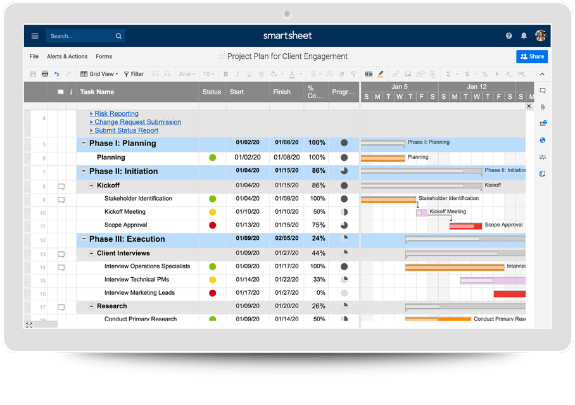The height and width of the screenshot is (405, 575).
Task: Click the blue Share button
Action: pos(532,56)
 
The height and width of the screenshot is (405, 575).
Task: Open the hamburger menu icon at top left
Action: pos(35,36)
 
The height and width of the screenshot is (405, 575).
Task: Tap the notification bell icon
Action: pos(524,36)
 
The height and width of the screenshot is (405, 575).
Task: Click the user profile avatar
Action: pos(540,36)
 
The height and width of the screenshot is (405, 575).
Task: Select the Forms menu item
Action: pos(104,56)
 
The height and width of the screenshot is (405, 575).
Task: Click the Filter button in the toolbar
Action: pos(134,74)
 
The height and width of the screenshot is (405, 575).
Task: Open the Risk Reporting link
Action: pos(117,114)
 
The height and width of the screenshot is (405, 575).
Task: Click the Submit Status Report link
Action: pos(126,130)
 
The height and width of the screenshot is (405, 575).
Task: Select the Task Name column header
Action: pos(97,92)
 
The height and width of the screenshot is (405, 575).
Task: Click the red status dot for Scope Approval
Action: pos(213,225)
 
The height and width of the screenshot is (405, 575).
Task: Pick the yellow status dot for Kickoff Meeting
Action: pos(213,212)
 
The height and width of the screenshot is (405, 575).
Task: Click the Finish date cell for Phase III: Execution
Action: pos(287,239)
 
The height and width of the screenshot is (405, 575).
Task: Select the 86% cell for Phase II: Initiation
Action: pos(318,171)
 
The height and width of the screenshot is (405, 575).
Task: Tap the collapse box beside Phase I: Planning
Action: pos(84,143)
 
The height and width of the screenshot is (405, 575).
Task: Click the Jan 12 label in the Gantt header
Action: pos(476,87)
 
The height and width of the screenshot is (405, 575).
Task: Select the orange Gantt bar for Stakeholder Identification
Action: pos(388,199)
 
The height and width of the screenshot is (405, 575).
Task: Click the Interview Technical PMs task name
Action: pos(136,279)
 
